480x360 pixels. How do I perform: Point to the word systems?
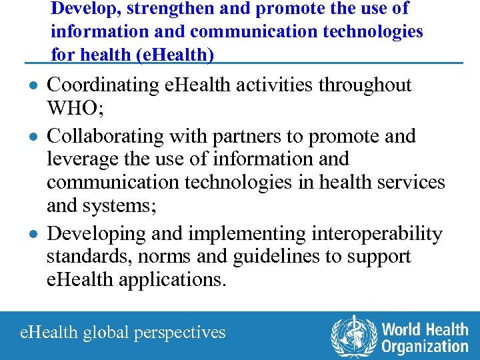click(x=119, y=206)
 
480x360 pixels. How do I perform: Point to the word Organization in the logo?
click(x=425, y=346)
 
